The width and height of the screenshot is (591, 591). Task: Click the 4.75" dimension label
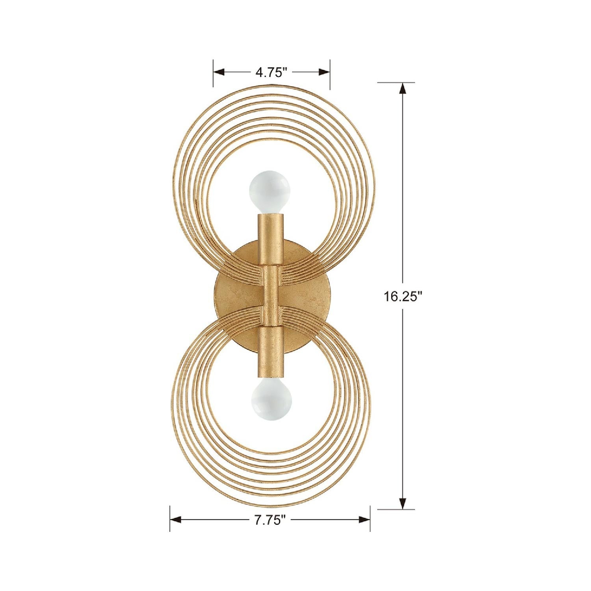(x=271, y=72)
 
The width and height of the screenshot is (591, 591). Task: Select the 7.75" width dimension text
(x=270, y=520)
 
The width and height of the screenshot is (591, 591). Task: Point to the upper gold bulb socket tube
(x=270, y=239)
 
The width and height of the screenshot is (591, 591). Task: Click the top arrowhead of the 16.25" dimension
(x=403, y=88)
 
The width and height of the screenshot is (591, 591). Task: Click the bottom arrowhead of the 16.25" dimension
(x=403, y=503)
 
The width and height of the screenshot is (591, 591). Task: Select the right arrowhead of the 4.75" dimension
(x=324, y=72)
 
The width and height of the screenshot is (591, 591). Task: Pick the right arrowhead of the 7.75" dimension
(x=364, y=520)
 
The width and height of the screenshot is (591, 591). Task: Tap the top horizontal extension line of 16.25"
(x=396, y=82)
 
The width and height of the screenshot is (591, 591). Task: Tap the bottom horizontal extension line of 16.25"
(x=396, y=509)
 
